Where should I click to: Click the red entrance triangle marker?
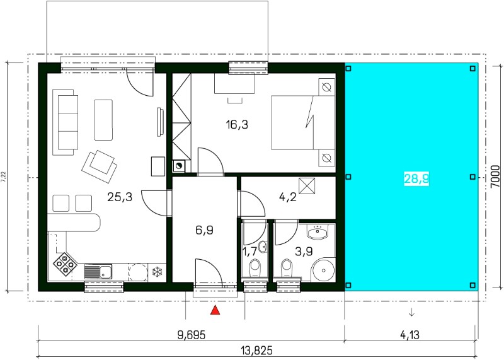tap(215, 310)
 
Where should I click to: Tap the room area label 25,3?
tap(120, 197)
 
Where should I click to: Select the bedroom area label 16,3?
tap(237, 124)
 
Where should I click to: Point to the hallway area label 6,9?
tap(204, 230)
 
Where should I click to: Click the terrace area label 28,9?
tap(416, 178)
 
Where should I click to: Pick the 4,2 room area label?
tap(288, 197)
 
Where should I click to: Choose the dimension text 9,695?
tap(192, 335)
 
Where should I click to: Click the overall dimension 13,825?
tap(256, 350)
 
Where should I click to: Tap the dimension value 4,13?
tap(410, 335)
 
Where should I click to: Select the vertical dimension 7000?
tap(496, 177)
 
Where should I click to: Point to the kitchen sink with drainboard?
tap(98, 272)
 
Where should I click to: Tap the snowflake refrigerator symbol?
tap(157, 272)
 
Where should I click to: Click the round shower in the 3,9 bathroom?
tap(323, 269)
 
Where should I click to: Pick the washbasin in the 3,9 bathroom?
tap(318, 231)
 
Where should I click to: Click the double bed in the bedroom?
tap(303, 122)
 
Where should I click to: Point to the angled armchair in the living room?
tap(100, 166)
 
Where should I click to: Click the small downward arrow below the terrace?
tap(411, 312)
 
